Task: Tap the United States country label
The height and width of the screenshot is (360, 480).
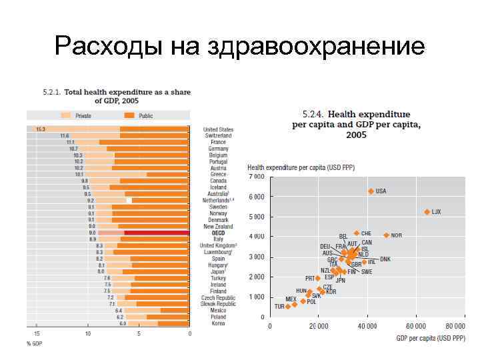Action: click(218, 129)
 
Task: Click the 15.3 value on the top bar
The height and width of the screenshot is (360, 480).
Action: click(41, 129)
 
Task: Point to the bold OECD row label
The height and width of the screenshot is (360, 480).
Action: click(218, 233)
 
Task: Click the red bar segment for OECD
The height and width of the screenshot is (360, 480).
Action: click(157, 233)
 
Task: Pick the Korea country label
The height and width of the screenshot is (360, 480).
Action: click(218, 323)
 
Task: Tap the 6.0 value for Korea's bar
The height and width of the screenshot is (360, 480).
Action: click(122, 323)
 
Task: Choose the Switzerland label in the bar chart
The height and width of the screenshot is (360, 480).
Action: click(218, 135)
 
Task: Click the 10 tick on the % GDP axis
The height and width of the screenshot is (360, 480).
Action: click(88, 333)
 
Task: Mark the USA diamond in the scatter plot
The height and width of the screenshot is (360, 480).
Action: click(371, 191)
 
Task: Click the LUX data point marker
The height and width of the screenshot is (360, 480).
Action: click(427, 212)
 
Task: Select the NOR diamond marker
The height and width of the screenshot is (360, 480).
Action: click(386, 235)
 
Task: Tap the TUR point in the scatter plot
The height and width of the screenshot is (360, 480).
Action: click(288, 307)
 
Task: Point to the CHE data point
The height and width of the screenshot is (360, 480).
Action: click(357, 233)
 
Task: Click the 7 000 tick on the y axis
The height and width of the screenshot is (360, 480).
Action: click(257, 177)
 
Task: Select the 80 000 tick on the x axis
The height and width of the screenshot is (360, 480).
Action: click(455, 327)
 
